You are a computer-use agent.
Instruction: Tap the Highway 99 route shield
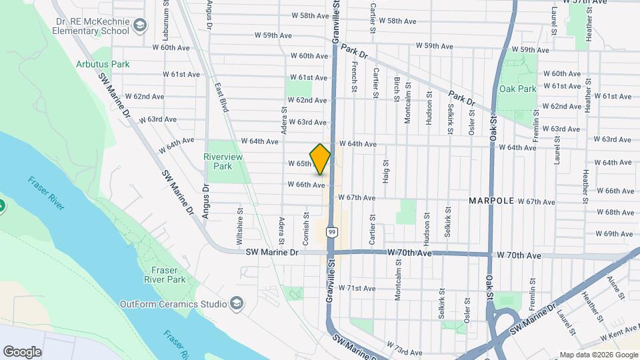tap(331, 232)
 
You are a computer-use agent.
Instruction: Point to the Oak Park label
tap(517, 89)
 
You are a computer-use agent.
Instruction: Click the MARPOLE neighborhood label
tap(492, 201)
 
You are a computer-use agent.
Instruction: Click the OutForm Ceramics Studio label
tap(173, 305)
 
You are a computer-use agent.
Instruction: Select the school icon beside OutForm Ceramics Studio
tap(235, 305)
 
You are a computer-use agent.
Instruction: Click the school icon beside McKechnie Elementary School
tap(139, 25)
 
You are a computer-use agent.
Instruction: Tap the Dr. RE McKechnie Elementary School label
tap(92, 25)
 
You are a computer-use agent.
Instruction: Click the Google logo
tap(22, 351)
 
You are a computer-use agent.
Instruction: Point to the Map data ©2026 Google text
tap(597, 355)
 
